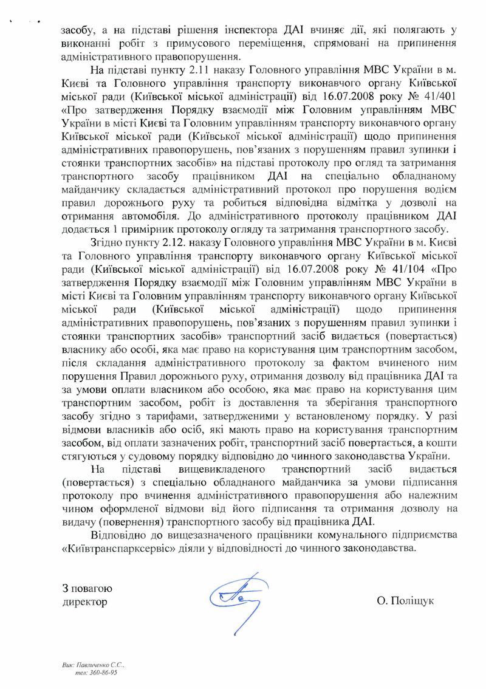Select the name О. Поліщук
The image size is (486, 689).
pyautogui.click(x=405, y=602)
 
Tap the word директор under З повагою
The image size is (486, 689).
pyautogui.click(x=84, y=602)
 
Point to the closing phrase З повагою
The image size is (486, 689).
pyautogui.click(x=87, y=588)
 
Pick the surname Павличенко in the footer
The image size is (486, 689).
pyautogui.click(x=95, y=666)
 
